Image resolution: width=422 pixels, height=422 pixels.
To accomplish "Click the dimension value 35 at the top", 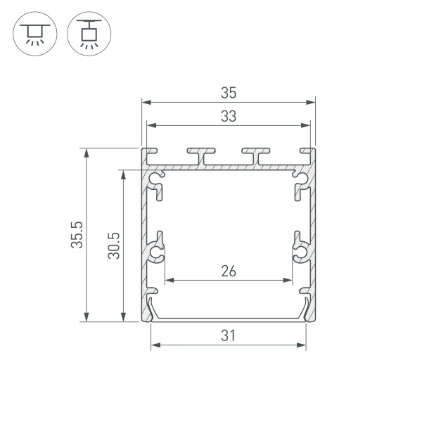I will pyautogui.click(x=228, y=92).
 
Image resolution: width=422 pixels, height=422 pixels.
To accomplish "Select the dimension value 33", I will pyautogui.click(x=228, y=117).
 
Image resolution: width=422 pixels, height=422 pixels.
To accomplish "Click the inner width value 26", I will pyautogui.click(x=228, y=270).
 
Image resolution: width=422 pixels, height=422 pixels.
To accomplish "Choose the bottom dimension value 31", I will pyautogui.click(x=228, y=335).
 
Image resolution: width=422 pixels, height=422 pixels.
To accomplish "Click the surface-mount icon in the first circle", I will pyautogui.click(x=33, y=33).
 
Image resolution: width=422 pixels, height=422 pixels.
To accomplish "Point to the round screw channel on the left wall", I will pyautogui.click(x=156, y=252).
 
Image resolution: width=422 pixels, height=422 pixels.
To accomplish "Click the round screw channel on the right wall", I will pyautogui.click(x=300, y=252).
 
